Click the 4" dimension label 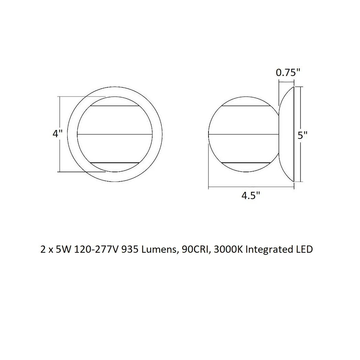tap(57, 134)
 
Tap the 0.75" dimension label tap(288, 73)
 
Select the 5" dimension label tap(302, 135)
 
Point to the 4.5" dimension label tap(251, 196)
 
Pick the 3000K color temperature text tap(228, 249)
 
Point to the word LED tap(305, 249)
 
